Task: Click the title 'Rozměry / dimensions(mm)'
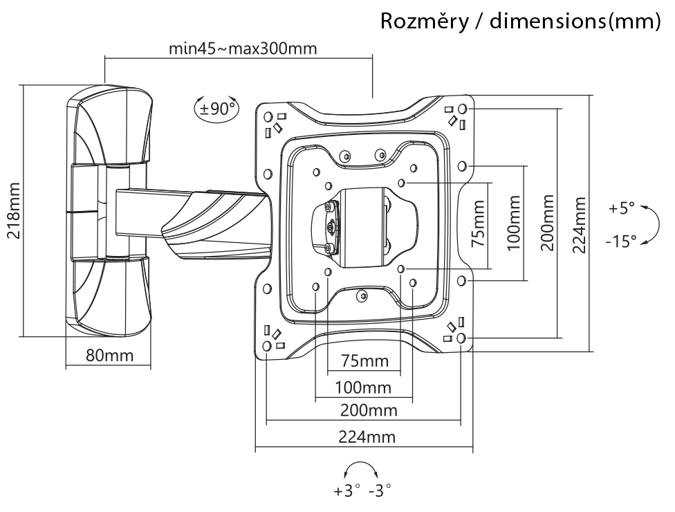pyautogui.click(x=520, y=21)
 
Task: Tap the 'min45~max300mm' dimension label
pyautogui.click(x=243, y=48)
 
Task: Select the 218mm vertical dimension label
pyautogui.click(x=15, y=210)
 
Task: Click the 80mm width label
pyautogui.click(x=110, y=355)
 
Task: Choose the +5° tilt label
pyautogui.click(x=622, y=208)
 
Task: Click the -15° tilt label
pyautogui.click(x=621, y=241)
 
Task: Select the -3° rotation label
pyautogui.click(x=380, y=491)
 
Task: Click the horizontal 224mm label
pyautogui.click(x=367, y=437)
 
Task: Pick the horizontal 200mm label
pyautogui.click(x=369, y=410)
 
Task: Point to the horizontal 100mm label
pyautogui.click(x=363, y=387)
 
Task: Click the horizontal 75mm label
pyautogui.click(x=365, y=361)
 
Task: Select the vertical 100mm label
pyautogui.click(x=514, y=223)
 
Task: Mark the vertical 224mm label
pyautogui.click(x=580, y=225)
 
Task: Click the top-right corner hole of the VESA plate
pyautogui.click(x=463, y=109)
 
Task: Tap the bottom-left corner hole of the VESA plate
pyautogui.click(x=266, y=345)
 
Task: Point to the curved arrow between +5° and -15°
pyautogui.click(x=658, y=225)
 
